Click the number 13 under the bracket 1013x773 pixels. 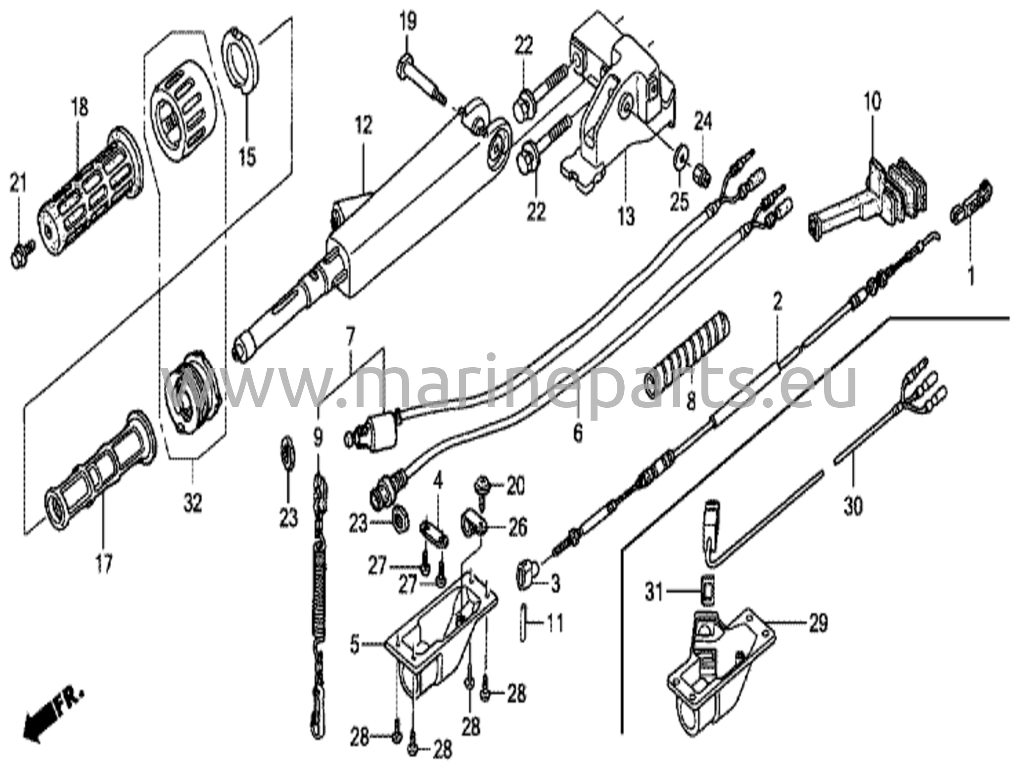point(626,217)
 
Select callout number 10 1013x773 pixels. point(873,102)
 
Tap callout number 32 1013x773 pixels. point(192,504)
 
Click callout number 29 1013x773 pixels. point(818,624)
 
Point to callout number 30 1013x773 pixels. point(853,506)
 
